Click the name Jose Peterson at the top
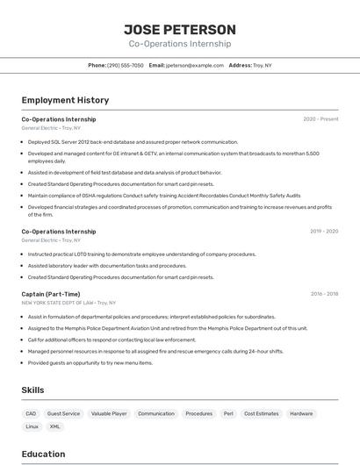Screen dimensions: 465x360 pyautogui.click(x=180, y=29)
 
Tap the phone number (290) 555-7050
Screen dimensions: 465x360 pyautogui.click(x=126, y=65)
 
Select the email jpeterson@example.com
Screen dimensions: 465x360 pyautogui.click(x=195, y=65)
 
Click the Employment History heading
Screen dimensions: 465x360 pyautogui.click(x=65, y=100)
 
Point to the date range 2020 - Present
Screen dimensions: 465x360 pyautogui.click(x=320, y=119)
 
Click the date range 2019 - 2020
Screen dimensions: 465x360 pyautogui.click(x=324, y=232)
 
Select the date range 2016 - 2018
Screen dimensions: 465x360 pyautogui.click(x=324, y=295)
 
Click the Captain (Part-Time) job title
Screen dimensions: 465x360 pyautogui.click(x=51, y=295)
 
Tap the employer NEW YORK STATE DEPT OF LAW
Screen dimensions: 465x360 pyautogui.click(x=57, y=303)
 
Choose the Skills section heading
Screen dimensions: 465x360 pyautogui.click(x=32, y=390)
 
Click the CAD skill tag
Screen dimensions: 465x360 pyautogui.click(x=31, y=413)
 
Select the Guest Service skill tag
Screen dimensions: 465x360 pyautogui.click(x=63, y=413)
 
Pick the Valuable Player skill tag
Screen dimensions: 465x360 pyautogui.click(x=109, y=413)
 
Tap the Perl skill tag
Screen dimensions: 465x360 pyautogui.click(x=228, y=413)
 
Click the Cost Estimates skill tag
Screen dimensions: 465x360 pyautogui.click(x=261, y=413)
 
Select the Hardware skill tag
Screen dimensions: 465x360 pyautogui.click(x=301, y=413)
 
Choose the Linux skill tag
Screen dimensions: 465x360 pyautogui.click(x=32, y=426)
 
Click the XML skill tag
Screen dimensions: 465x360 pyautogui.click(x=55, y=426)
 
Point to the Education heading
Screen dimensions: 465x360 pyautogui.click(x=43, y=454)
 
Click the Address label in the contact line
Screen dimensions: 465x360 pyautogui.click(x=241, y=65)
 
